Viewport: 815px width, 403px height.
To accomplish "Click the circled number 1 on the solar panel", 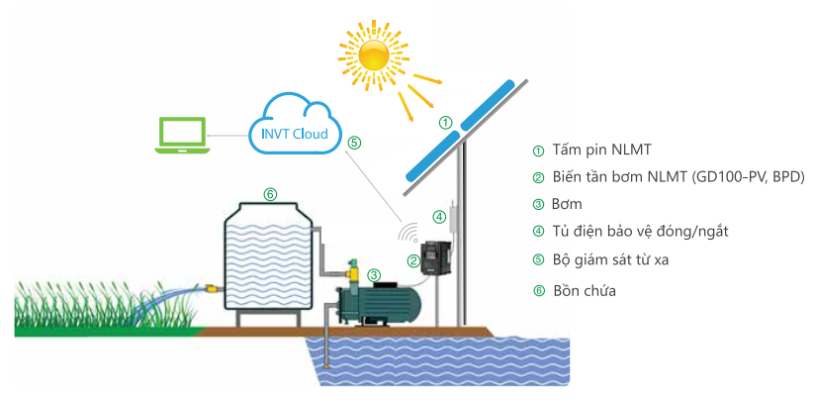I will (446, 123).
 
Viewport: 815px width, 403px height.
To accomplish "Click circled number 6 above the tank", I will (270, 193).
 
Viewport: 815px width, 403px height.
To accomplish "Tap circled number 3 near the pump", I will (373, 275).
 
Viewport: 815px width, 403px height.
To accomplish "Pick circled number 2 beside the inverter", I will (412, 261).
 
